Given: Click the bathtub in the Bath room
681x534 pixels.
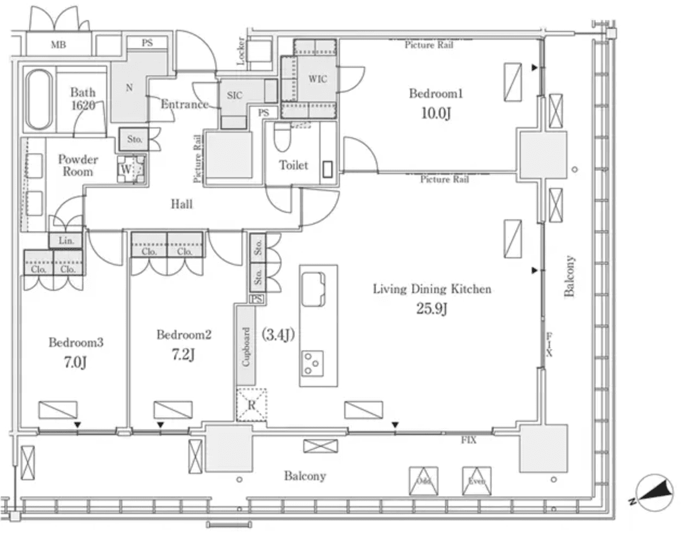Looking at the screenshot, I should point(39,100).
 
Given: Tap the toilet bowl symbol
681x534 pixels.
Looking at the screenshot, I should point(282,138).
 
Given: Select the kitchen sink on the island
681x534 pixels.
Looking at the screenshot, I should point(313,288).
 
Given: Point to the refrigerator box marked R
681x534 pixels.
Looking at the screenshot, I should point(251,404).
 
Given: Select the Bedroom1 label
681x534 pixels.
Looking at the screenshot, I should point(436,94).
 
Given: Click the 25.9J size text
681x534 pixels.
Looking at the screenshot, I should point(431,309).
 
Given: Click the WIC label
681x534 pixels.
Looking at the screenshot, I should point(317,79).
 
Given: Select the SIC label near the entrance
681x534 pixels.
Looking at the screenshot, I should point(235,96).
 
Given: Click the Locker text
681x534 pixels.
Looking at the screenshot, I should point(241,52).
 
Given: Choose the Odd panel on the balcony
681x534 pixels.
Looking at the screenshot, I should point(423,481).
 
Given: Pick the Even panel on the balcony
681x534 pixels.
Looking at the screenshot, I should point(476,481).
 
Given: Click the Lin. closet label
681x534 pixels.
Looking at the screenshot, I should point(66,241).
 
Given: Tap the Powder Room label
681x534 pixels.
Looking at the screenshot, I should point(78,165).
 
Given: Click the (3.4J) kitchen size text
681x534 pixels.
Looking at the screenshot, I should point(278,335).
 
